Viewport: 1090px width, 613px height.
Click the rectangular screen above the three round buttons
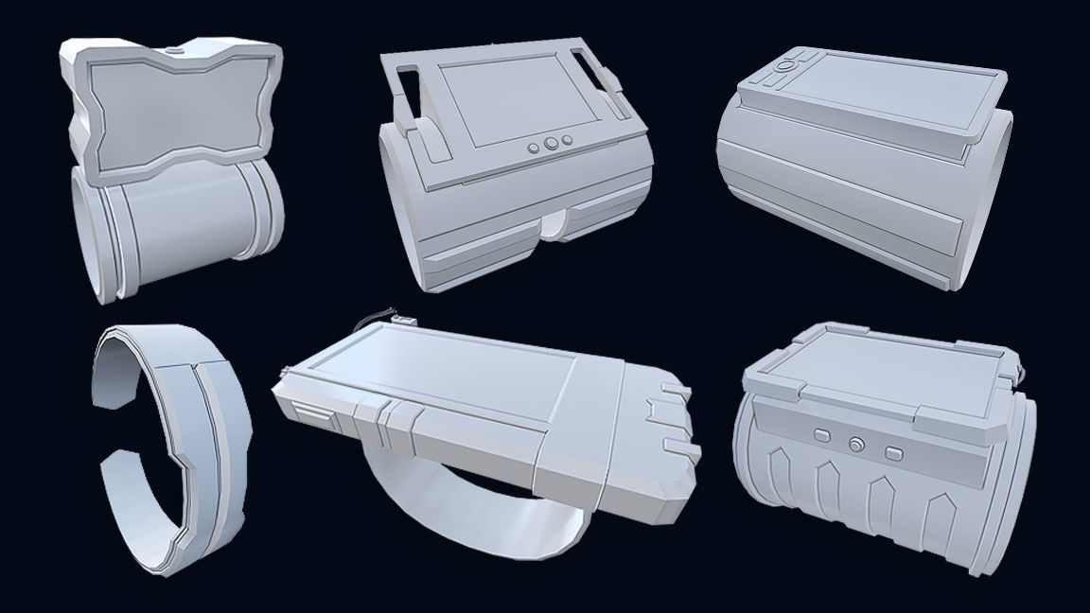pos(511,100)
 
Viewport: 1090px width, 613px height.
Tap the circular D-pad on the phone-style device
pos(784,67)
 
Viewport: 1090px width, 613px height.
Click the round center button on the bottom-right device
pos(856,443)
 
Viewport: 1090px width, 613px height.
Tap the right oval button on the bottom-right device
pos(890,451)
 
